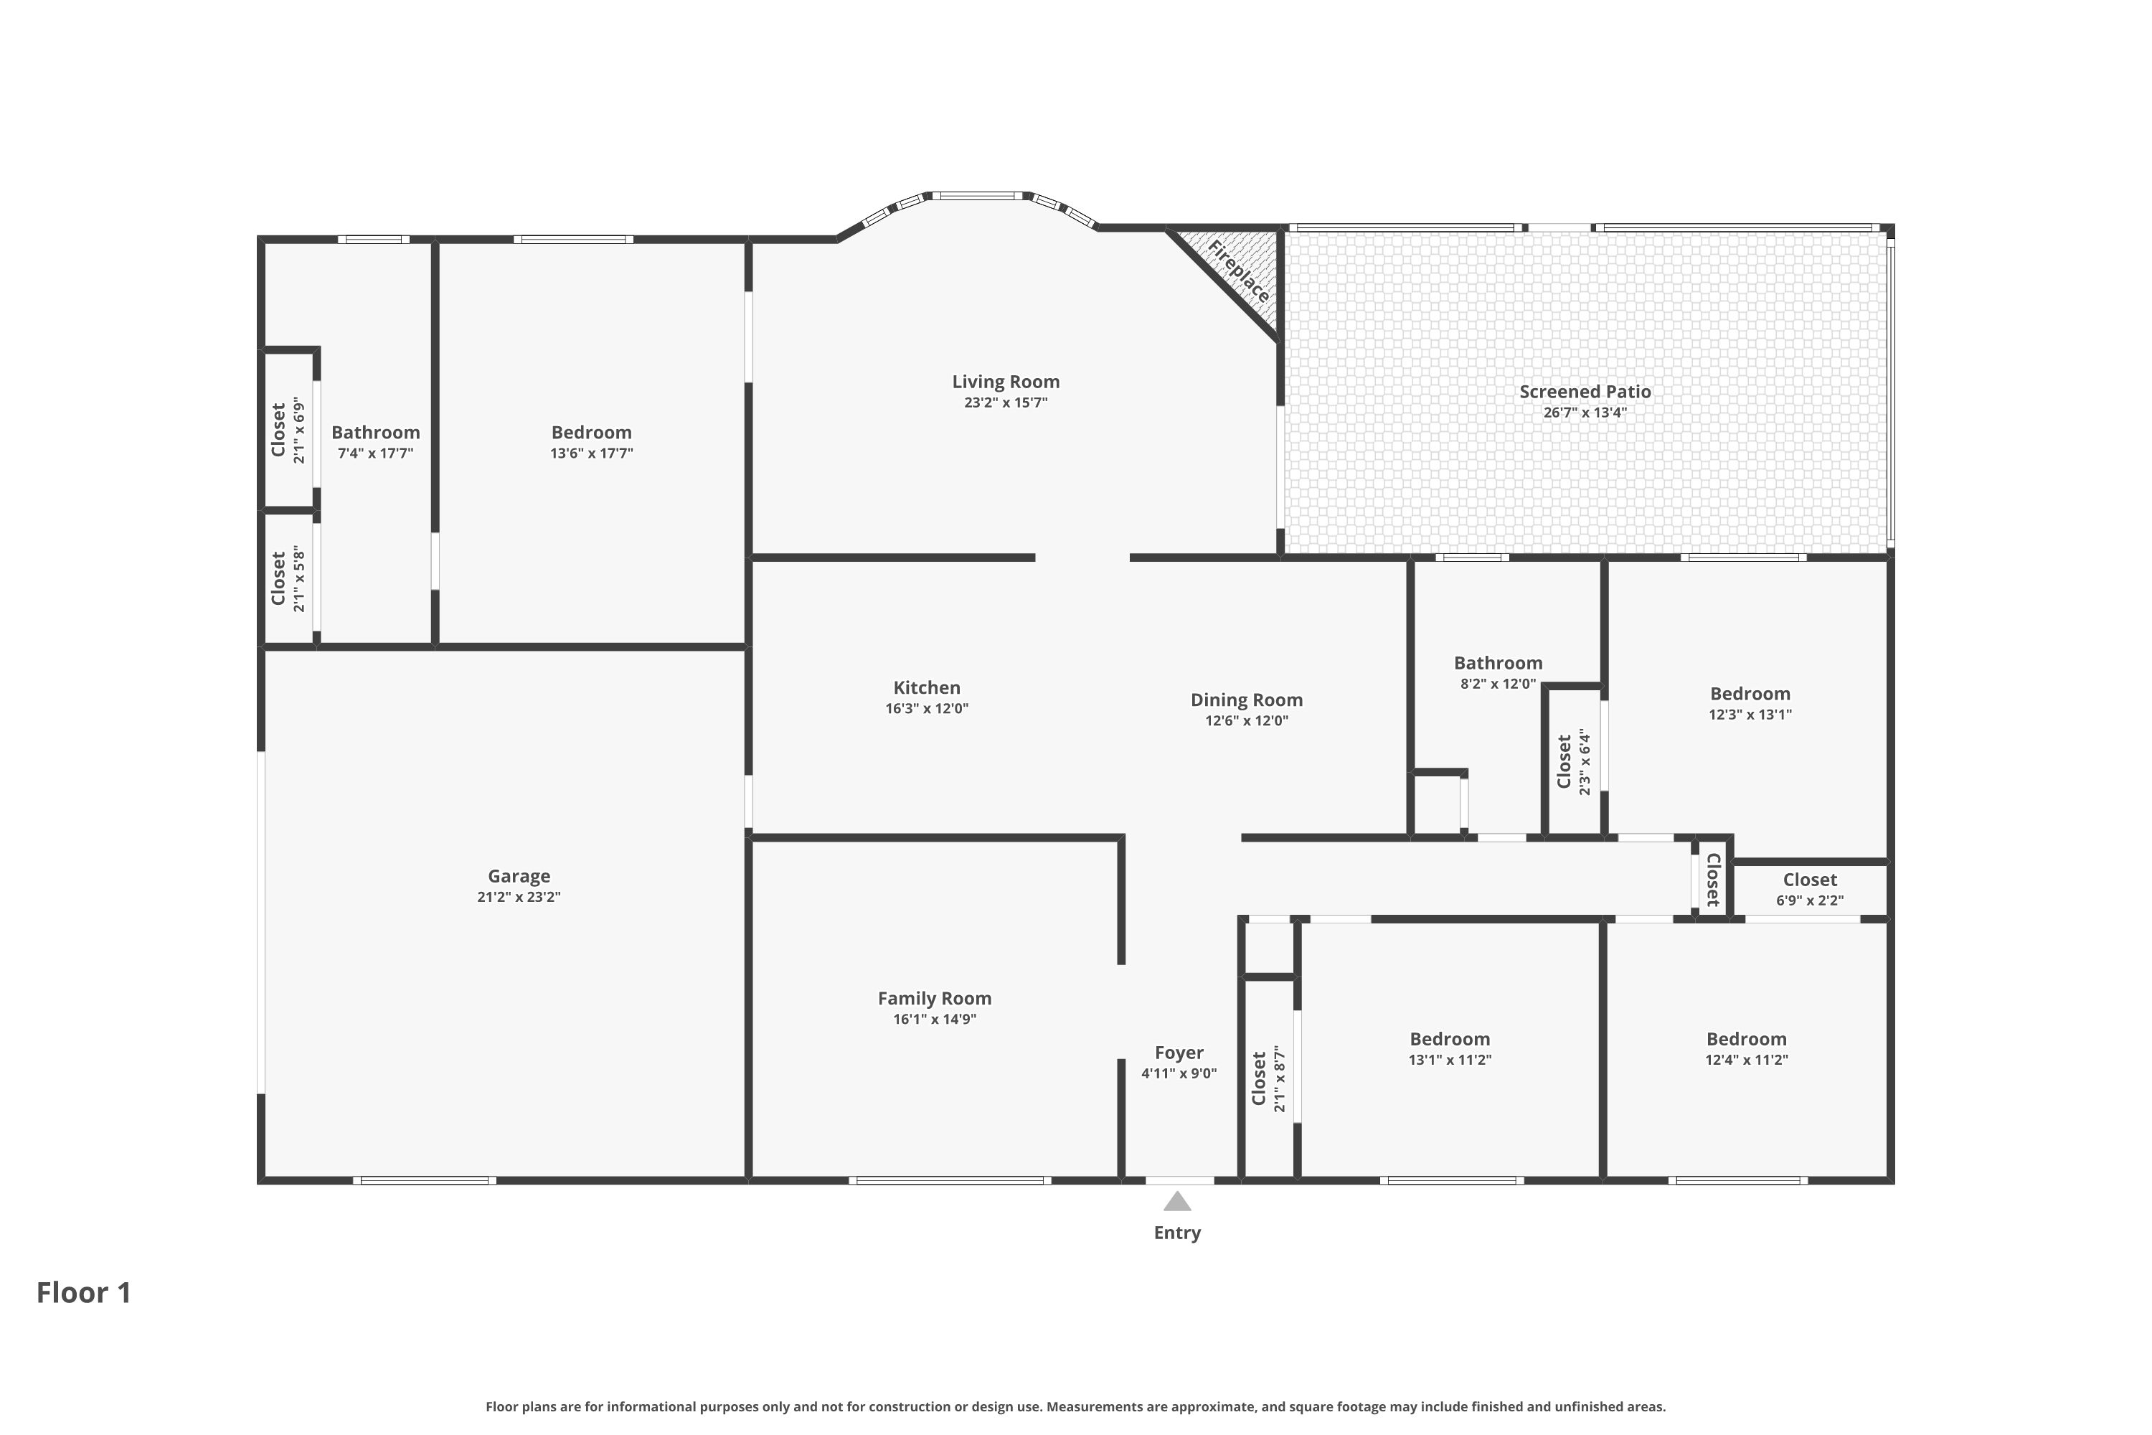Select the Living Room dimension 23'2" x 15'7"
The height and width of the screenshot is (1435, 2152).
point(1006,403)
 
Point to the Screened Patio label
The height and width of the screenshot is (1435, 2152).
point(1585,392)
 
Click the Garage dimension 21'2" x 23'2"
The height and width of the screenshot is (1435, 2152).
point(519,897)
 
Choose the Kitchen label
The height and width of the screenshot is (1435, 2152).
point(927,687)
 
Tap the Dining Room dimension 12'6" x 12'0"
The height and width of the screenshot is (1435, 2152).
point(1246,720)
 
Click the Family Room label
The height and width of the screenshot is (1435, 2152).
point(934,999)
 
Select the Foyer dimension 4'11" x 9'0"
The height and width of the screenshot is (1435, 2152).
point(1179,1073)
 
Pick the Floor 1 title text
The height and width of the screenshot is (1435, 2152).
point(84,1292)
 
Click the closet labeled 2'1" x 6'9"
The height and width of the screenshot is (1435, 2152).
point(288,430)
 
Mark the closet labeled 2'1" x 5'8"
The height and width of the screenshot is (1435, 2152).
point(288,578)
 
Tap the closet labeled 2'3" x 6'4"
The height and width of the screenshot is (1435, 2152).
point(1574,761)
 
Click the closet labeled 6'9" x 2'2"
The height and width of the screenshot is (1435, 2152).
point(1810,889)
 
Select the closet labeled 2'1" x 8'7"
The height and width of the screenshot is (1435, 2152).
point(1268,1078)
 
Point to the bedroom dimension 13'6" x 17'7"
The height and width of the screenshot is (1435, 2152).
point(591,453)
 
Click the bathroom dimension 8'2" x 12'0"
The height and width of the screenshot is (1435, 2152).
point(1498,684)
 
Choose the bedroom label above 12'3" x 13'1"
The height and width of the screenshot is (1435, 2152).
point(1750,694)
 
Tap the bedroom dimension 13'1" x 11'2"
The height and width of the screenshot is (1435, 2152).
point(1449,1060)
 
